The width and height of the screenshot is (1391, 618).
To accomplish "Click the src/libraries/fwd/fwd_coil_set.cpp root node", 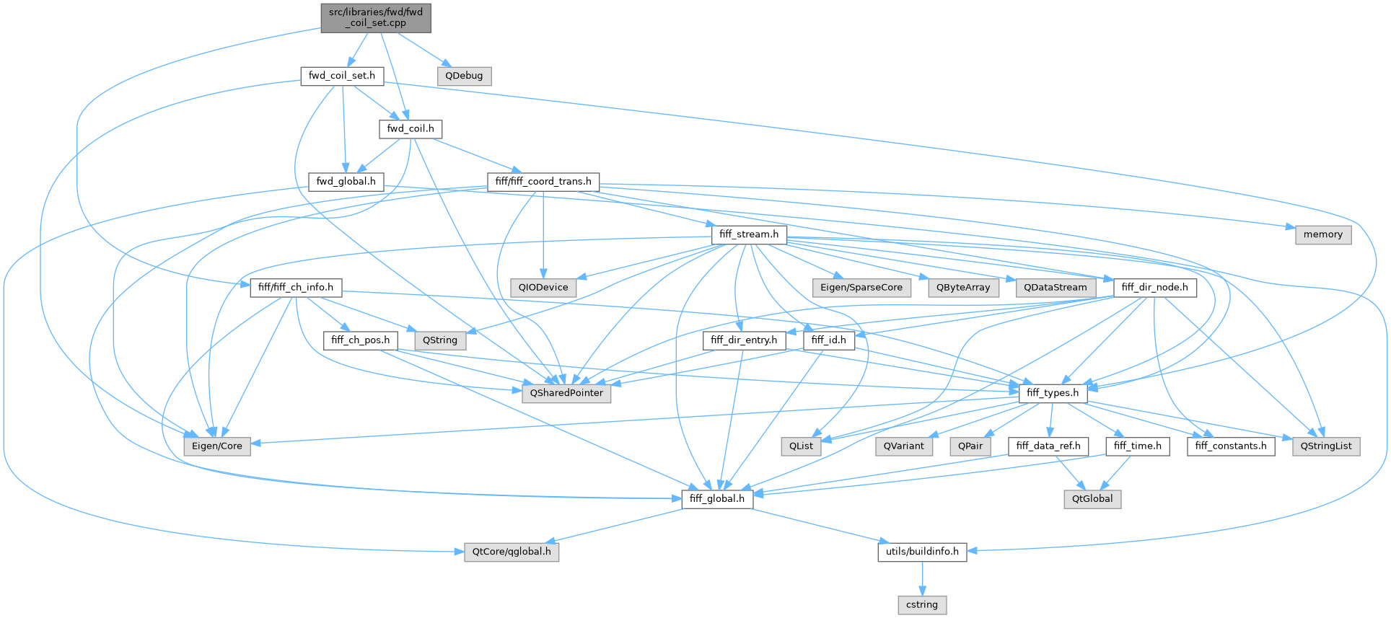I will point(376,17).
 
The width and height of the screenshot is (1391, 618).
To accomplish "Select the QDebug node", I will point(464,76).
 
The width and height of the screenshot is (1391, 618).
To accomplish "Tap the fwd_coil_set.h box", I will point(342,76).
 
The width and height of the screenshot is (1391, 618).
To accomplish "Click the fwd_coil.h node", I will point(411,129).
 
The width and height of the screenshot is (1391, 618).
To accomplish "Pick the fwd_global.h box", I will point(346,182).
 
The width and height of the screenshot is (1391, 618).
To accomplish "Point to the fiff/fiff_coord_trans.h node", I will point(543,182).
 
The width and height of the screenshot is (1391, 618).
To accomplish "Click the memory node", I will point(1322,234).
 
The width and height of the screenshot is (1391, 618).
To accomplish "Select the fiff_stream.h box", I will point(749,234).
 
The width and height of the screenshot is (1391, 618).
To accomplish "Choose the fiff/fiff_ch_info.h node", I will point(296,287).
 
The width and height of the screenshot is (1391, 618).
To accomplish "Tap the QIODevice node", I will point(543,287).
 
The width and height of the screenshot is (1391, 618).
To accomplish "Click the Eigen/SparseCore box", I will point(861,287).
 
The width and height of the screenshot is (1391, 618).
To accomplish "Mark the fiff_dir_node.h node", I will point(1154,287).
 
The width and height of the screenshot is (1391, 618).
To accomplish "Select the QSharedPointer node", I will point(566,393).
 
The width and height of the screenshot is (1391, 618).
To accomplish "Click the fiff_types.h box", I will point(1053,393).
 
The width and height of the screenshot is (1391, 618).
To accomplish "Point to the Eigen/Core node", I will point(217,446).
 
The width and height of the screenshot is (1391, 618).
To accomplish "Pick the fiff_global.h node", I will point(717,499).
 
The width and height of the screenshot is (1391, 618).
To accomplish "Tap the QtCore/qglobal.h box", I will point(512,552).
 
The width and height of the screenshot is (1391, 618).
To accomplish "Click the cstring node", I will point(922,604).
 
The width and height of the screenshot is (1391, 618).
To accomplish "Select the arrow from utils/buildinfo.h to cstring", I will point(922,578).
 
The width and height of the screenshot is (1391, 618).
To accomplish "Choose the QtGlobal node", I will point(1092,499).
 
